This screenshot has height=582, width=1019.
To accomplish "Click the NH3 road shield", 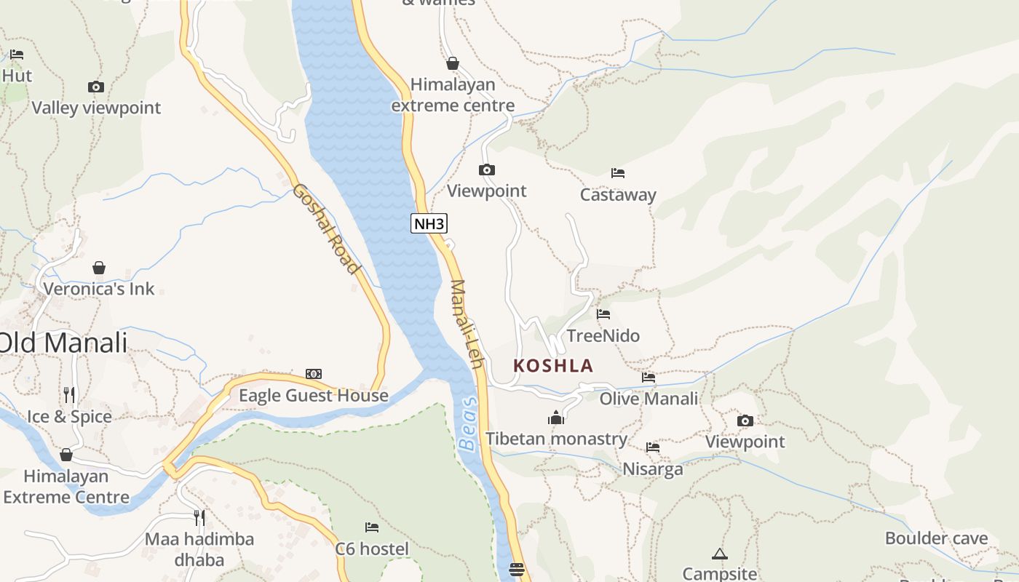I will pos(429,223).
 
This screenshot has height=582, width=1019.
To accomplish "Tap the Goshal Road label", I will pos(326,228).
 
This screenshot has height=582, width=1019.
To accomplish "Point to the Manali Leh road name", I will pos(467,323).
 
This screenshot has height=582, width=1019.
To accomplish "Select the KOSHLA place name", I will pos(553,366).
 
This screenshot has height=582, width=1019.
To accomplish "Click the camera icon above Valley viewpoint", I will pos(95,87).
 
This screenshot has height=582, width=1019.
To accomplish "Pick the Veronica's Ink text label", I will pos(99,289).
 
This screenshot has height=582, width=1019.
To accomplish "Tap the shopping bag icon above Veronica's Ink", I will pos(99,268).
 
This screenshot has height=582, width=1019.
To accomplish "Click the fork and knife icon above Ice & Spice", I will pos(69,395).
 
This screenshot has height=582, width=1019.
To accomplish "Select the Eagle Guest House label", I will pos(314,396).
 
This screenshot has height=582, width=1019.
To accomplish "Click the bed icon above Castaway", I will pos(618,173).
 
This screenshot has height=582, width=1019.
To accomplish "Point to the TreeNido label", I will pos(603,336).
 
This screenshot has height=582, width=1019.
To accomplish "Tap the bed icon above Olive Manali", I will pos(649,378).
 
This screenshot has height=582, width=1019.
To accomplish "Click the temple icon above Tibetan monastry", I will pos(556,418).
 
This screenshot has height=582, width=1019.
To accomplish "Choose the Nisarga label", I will pos(653,469).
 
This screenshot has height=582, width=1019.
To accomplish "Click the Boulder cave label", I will pos(936,539).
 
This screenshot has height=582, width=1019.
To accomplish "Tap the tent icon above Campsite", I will pos(720,554).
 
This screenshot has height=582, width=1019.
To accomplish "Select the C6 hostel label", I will pos(372,549).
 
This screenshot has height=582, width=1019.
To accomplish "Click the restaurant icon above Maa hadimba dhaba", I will pos(199,518).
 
